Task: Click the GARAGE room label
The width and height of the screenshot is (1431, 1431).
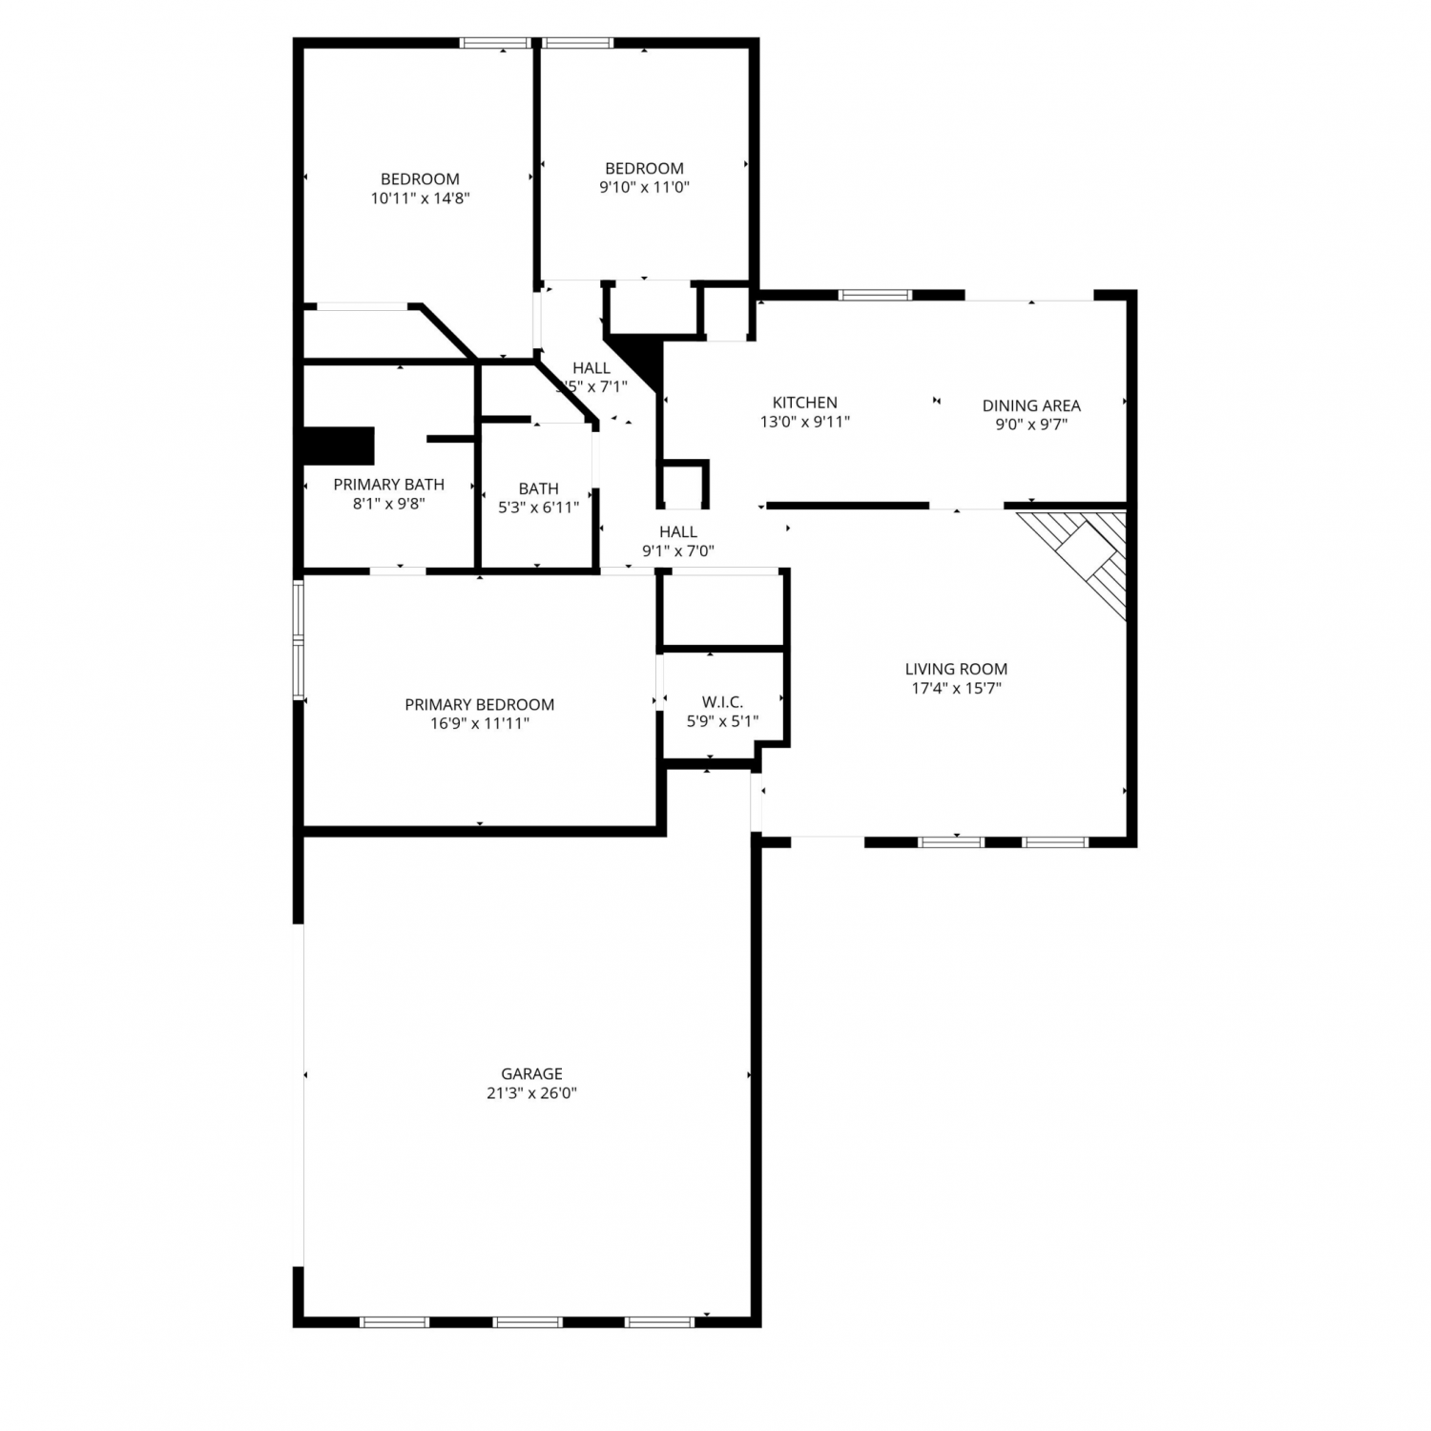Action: click(x=531, y=1073)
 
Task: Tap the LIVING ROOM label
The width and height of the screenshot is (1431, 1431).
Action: click(x=956, y=669)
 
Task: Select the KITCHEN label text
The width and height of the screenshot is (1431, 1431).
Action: click(x=805, y=403)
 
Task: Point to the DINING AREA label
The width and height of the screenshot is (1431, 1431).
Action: click(x=1031, y=405)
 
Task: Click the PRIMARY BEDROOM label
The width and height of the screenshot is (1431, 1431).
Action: click(x=480, y=704)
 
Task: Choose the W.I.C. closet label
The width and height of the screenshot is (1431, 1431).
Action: click(x=722, y=702)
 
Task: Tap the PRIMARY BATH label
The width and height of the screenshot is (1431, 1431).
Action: click(x=388, y=485)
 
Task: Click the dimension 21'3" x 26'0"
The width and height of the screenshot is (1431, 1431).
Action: click(x=531, y=1093)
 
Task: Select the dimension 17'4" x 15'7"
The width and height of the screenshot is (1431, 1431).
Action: click(x=956, y=688)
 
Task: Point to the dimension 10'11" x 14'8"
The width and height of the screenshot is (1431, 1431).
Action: click(x=420, y=198)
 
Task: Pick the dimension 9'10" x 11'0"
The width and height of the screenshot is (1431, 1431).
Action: click(x=644, y=188)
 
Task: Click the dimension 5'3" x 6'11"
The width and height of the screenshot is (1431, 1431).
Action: click(x=538, y=508)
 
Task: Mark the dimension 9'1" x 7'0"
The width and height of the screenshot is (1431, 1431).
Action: click(x=678, y=550)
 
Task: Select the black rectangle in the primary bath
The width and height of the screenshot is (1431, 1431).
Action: click(x=339, y=446)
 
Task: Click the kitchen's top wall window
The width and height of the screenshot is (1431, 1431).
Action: click(x=875, y=295)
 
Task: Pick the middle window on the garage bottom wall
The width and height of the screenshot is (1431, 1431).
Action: click(x=528, y=1322)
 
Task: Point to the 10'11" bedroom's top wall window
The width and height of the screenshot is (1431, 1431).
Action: click(x=495, y=43)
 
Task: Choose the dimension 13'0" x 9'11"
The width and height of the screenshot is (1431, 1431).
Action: click(x=805, y=422)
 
